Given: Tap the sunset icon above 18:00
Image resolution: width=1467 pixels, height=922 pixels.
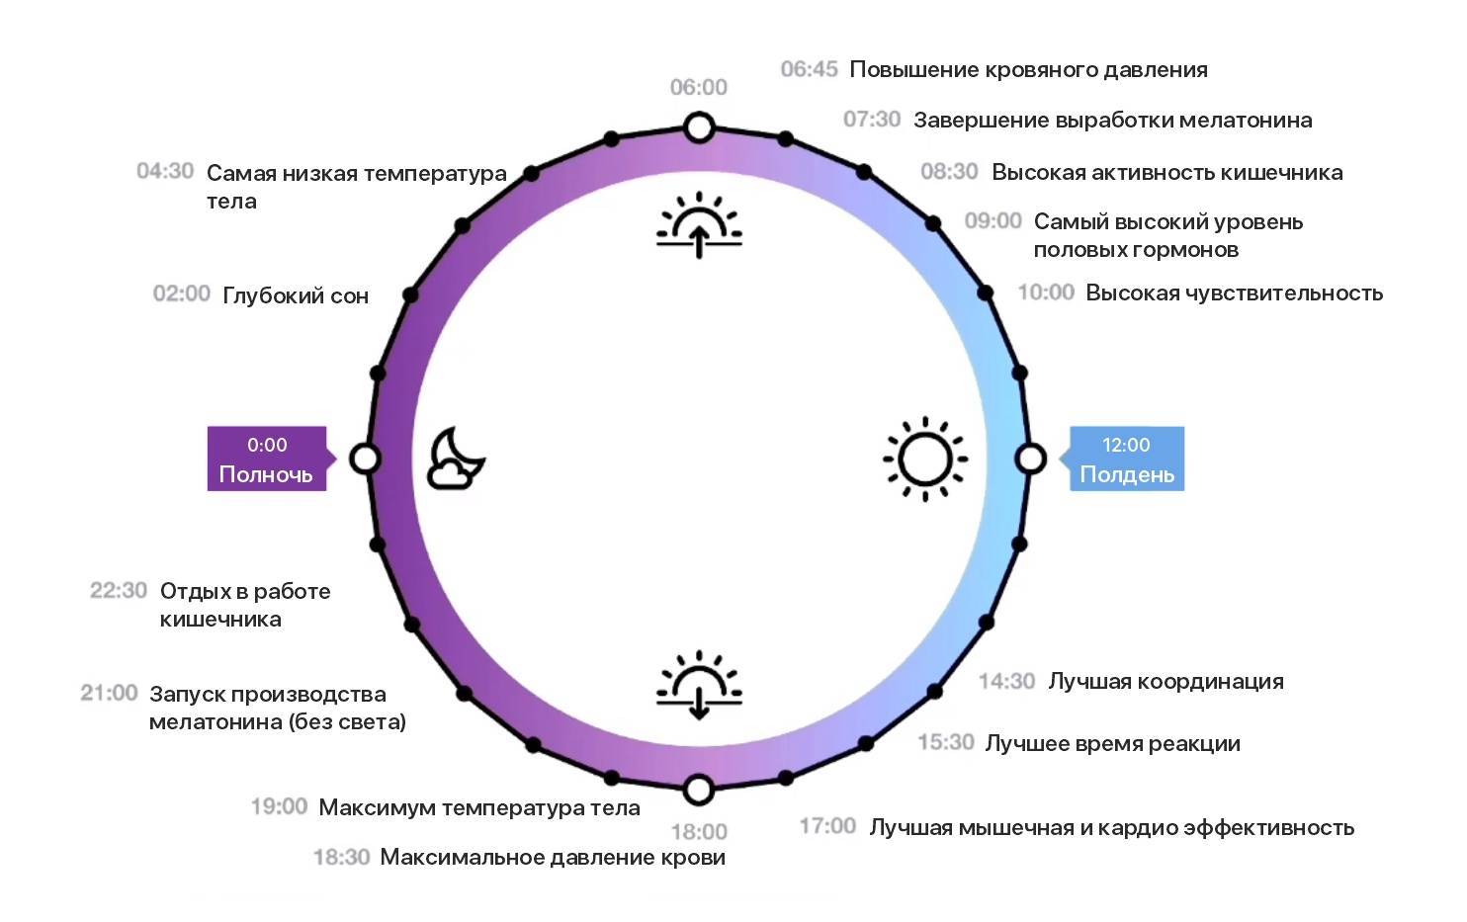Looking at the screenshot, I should (x=699, y=684).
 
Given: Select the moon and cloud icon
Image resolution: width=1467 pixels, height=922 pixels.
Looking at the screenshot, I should (x=456, y=459).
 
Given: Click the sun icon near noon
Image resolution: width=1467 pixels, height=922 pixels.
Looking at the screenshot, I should (x=924, y=459).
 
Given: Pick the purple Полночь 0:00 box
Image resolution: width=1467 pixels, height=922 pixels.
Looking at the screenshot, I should (x=267, y=459).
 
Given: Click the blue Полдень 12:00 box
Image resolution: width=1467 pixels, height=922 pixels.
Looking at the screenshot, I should (x=1127, y=459).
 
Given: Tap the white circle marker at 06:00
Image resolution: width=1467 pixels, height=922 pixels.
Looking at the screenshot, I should (x=699, y=128).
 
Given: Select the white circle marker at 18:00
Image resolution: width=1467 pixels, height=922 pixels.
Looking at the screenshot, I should (x=699, y=790).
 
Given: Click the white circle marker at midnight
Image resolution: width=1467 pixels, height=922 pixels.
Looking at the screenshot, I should (x=366, y=459).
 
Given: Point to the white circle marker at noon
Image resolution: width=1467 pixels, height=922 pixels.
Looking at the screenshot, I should (x=1031, y=459).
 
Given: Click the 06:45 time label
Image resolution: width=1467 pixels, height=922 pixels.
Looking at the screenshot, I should (x=809, y=69).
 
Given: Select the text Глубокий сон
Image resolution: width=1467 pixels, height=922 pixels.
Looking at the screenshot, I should (x=296, y=295).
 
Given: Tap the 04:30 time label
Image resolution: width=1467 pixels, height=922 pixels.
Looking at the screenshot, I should (x=165, y=171).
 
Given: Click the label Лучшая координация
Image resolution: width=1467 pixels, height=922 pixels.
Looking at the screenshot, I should (x=1165, y=681).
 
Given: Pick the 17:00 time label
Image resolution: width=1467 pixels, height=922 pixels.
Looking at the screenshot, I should (x=827, y=826).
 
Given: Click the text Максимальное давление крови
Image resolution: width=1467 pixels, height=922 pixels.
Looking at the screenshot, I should (x=553, y=857).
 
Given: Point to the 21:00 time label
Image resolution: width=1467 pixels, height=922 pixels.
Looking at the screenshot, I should (x=109, y=693).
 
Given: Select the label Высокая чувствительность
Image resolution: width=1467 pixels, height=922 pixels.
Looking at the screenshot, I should (x=1234, y=293).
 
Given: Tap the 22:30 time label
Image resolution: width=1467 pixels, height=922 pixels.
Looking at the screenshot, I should (x=119, y=590).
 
